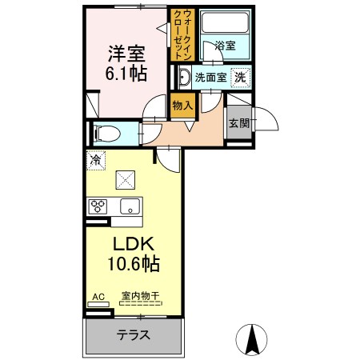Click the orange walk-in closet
pos(179,35)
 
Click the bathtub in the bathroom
pos(224,24)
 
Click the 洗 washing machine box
pos(238,77)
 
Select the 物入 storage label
pos(182,104)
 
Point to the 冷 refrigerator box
pos(95,160)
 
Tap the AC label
pos(98,297)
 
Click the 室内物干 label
pos(141,297)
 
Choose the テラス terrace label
pos(134,335)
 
